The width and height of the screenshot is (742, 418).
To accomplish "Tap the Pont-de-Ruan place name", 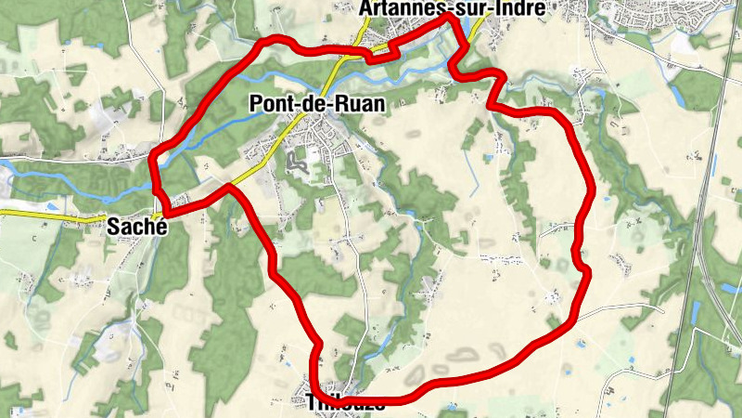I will (317, 105).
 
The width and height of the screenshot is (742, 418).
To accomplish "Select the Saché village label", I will (136, 225).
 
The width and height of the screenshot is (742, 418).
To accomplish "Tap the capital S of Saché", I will (114, 225).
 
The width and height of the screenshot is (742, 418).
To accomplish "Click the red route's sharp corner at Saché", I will (166, 216).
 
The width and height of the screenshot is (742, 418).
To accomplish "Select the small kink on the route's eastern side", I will (584, 268).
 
